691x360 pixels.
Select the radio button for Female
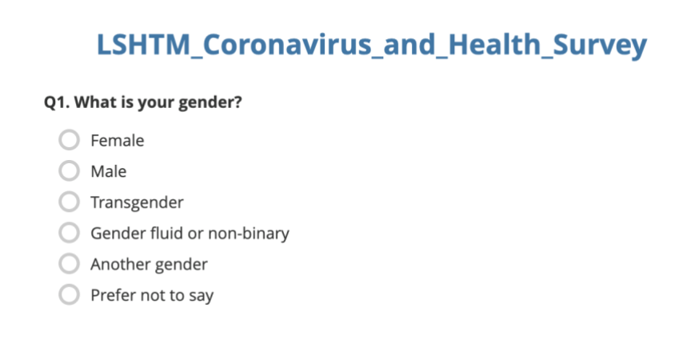[x=70, y=141]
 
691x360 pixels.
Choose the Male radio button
[x=70, y=171]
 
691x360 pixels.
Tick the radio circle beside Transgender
[x=70, y=202]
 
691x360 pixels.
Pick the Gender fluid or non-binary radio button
[x=70, y=234]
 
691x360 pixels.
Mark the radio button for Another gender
[x=70, y=264]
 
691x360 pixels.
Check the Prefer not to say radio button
[x=70, y=295]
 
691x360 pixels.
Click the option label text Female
[x=117, y=141]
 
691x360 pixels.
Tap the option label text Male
[x=108, y=171]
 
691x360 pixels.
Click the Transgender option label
[x=137, y=202]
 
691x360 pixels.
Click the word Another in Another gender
[x=117, y=264]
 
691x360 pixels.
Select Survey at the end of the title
[x=602, y=45]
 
